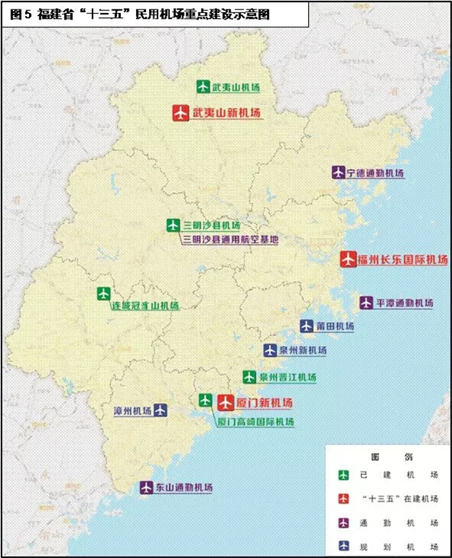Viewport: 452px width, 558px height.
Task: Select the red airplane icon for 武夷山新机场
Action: (x=181, y=113)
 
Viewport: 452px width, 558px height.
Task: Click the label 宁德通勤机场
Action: (x=375, y=173)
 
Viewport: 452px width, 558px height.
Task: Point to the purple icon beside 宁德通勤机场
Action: (x=338, y=172)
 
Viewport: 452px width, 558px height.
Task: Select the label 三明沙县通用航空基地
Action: (x=230, y=239)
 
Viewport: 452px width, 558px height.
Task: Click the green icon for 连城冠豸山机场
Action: (x=104, y=293)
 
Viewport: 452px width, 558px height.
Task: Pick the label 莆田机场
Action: (x=336, y=326)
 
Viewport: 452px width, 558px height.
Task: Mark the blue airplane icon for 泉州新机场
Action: (x=270, y=350)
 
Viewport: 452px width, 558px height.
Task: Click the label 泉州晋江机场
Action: (x=287, y=377)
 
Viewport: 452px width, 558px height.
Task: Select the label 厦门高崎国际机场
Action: (x=255, y=421)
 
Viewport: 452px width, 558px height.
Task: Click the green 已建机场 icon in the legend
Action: (x=344, y=475)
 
